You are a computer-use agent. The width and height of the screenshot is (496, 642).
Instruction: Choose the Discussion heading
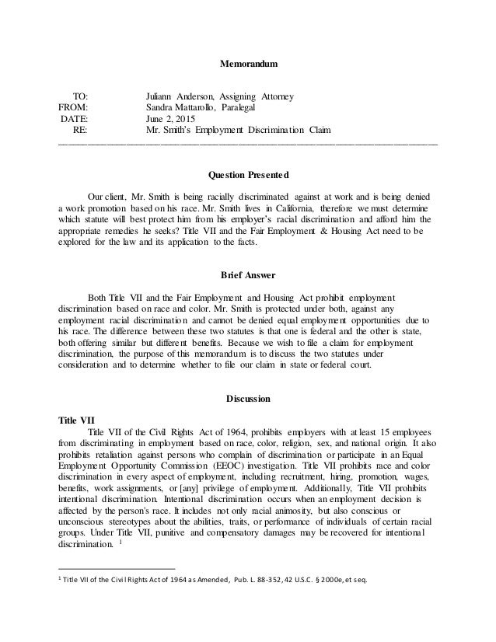pos(248,399)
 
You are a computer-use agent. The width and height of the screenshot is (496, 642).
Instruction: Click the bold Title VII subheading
pos(76,417)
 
